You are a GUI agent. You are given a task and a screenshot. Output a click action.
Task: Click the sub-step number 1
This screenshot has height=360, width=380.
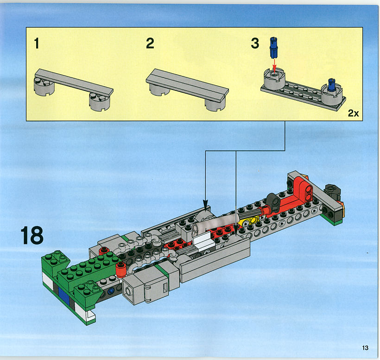37,44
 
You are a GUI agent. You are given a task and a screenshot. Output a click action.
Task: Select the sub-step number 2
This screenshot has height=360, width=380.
150,44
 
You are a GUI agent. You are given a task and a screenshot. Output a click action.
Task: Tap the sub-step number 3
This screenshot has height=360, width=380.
255,44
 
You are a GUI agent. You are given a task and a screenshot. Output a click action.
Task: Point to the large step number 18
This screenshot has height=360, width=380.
32,235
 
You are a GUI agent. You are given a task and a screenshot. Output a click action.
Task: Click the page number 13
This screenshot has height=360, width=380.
365,348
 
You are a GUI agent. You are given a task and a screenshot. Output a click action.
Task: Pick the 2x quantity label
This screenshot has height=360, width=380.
353,113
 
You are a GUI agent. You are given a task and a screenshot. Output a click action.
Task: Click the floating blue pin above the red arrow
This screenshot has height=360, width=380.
273,47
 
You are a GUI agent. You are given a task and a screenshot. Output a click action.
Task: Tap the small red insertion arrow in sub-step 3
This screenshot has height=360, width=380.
274,65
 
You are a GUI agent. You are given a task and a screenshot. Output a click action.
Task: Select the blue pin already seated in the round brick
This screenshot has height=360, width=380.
331,85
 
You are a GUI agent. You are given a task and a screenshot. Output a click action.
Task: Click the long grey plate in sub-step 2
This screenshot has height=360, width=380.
187,85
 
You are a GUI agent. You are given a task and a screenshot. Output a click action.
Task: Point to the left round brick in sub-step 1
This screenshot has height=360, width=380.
44,86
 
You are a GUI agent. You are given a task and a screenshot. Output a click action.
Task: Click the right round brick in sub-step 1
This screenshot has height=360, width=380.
99,102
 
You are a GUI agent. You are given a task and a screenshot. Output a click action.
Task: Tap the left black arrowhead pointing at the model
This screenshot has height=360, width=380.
205,204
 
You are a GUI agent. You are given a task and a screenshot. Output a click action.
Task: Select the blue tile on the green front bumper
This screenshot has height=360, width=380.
64,296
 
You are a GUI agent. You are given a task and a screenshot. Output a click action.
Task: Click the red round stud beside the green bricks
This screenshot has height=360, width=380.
120,269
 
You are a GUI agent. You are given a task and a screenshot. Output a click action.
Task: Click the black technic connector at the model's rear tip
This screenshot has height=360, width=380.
333,190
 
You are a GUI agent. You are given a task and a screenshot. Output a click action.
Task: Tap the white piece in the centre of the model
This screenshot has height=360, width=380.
203,241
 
